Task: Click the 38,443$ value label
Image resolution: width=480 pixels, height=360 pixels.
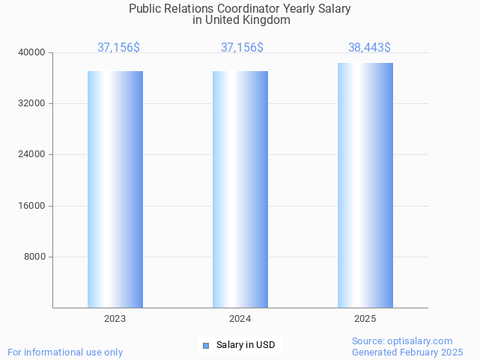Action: tap(369, 48)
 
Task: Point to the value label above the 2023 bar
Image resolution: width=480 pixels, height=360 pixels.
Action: tap(118, 48)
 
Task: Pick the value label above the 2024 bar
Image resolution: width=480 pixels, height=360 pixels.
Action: tap(242, 48)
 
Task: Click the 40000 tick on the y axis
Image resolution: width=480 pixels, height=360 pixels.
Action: tap(32, 52)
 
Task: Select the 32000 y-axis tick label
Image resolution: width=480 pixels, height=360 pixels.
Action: tap(32, 103)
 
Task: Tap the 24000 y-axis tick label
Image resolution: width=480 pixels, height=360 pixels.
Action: tap(32, 155)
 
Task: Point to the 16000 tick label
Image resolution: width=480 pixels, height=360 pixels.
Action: tap(32, 206)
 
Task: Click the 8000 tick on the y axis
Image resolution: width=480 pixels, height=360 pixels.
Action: tap(34, 257)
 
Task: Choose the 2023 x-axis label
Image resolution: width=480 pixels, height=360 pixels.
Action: tap(115, 319)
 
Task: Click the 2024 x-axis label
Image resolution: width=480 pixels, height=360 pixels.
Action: tap(240, 319)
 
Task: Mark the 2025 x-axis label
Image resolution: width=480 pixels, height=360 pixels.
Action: tap(365, 319)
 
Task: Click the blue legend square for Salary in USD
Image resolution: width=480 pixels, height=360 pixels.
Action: tap(206, 345)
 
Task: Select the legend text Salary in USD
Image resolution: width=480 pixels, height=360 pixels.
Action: tap(246, 345)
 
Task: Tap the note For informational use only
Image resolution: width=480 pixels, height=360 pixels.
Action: tap(65, 353)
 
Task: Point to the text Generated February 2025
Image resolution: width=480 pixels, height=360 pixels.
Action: tap(407, 353)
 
